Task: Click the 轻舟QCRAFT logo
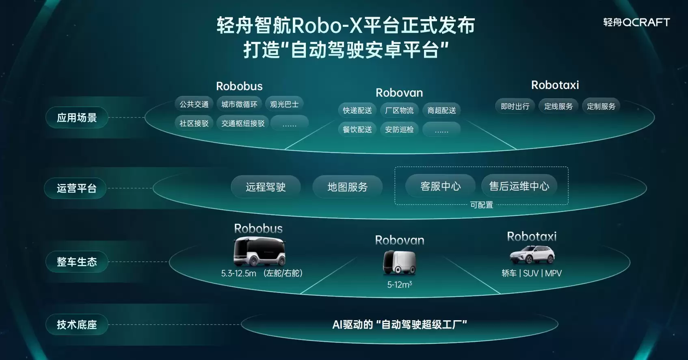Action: click(636, 22)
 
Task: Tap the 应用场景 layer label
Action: click(77, 117)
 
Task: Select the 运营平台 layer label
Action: click(76, 188)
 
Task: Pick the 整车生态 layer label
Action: click(77, 262)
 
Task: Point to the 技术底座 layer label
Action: click(77, 324)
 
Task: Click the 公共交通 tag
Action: click(194, 104)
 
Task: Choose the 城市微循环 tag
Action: click(239, 104)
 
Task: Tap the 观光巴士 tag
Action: click(284, 104)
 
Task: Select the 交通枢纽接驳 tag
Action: click(243, 123)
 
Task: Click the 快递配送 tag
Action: click(357, 110)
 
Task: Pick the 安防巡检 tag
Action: click(399, 129)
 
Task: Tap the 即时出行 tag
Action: click(515, 106)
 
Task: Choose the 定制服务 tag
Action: click(601, 106)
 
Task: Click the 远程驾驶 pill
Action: click(266, 187)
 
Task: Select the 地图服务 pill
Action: click(347, 187)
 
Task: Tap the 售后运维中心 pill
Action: click(519, 186)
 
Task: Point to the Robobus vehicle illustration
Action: click(260, 251)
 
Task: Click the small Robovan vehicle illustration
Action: click(399, 262)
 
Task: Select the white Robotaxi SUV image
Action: click(532, 255)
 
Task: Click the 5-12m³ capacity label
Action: click(399, 284)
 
